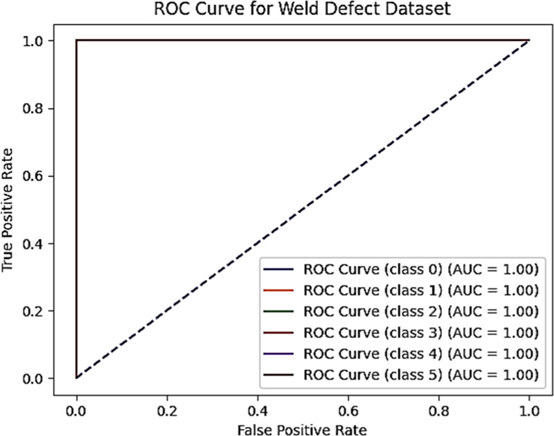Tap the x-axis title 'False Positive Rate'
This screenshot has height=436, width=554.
(x=303, y=428)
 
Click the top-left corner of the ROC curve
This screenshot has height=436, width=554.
(x=77, y=40)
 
